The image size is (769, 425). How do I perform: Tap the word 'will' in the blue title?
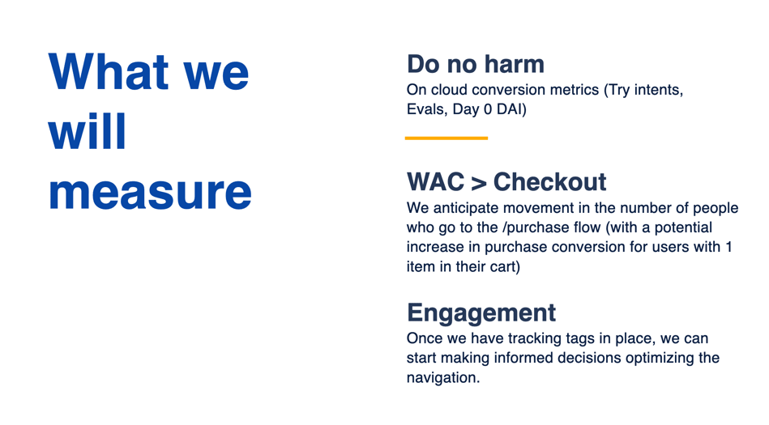(88, 131)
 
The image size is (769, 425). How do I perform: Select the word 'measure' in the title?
(150, 192)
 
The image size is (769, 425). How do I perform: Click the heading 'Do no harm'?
(476, 64)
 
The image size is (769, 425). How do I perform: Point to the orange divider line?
(446, 138)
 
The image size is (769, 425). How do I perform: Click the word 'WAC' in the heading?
(435, 182)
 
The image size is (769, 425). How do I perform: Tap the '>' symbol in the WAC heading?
(479, 183)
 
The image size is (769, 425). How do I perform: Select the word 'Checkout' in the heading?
(549, 182)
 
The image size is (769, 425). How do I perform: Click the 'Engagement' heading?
(481, 312)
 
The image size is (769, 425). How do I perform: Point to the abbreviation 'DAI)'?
(511, 109)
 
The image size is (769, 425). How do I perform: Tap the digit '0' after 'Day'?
(488, 109)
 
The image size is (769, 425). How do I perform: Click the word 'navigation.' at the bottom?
(443, 378)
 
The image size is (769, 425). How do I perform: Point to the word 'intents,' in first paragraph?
(658, 90)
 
